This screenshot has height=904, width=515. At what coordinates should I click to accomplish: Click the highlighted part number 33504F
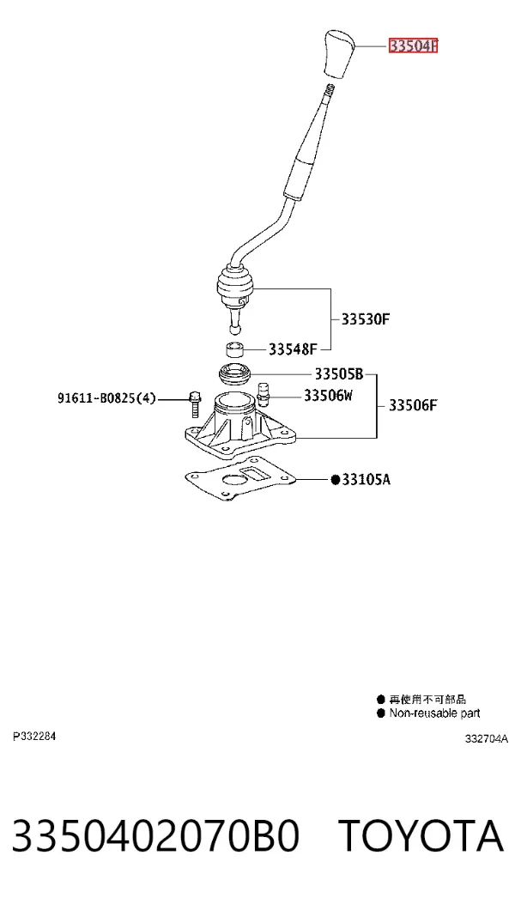pos(414,46)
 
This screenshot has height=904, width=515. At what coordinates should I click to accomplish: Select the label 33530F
pos(367,319)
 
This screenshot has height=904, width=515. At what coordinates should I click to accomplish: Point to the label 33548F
pos(293,349)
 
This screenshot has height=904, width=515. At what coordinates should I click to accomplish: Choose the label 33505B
pos(338,374)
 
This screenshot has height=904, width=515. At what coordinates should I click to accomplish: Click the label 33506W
pos(328,395)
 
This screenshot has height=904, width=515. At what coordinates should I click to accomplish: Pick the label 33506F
pos(413,406)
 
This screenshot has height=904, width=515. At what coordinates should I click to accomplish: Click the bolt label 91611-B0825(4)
pos(106,397)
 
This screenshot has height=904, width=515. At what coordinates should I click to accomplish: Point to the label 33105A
pos(366,479)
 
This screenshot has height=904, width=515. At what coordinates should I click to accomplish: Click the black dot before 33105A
pos(335,480)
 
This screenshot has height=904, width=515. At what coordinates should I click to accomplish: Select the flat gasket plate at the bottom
pos(239,478)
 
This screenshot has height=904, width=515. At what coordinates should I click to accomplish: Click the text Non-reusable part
pos(434,713)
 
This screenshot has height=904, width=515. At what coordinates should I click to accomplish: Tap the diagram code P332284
pos(34,737)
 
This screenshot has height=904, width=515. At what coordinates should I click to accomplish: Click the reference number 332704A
pos(487,738)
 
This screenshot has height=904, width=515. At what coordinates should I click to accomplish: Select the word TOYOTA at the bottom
pos(421,835)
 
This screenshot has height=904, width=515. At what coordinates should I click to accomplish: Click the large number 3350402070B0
pos(155,836)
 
